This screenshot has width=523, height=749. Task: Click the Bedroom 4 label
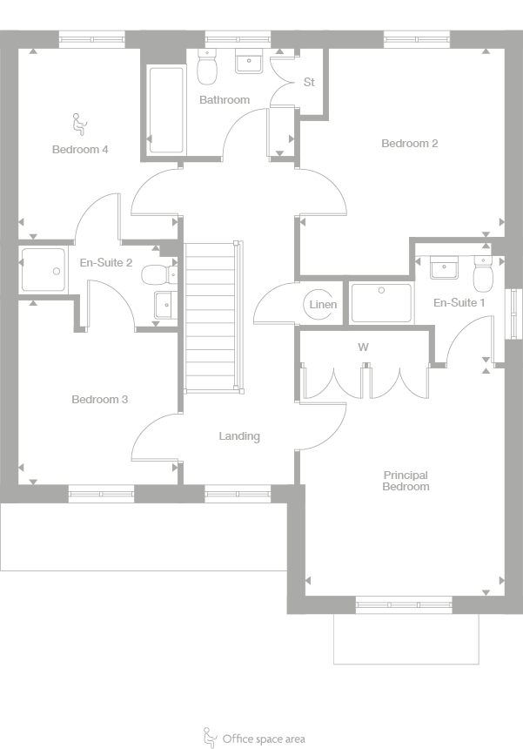coord(80,149)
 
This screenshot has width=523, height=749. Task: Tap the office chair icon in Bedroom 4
coord(78,124)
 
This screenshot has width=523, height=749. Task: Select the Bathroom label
coord(225,100)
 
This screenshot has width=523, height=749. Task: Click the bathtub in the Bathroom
coord(165,109)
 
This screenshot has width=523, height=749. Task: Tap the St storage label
coord(309,83)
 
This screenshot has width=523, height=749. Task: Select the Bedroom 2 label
coord(409,144)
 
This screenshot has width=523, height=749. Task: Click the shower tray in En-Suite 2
coord(43,268)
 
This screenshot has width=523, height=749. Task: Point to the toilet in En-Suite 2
coord(157,275)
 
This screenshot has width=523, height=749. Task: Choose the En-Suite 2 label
coord(105,262)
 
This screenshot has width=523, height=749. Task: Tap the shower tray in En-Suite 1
coord(381,302)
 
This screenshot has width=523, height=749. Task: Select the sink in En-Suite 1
coord(444,267)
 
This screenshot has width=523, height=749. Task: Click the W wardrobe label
coord(364,347)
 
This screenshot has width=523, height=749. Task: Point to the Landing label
coord(239,436)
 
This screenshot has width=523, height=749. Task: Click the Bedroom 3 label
coord(100,400)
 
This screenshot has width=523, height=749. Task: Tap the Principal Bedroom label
coord(406,481)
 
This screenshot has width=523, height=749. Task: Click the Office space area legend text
coord(264,739)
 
